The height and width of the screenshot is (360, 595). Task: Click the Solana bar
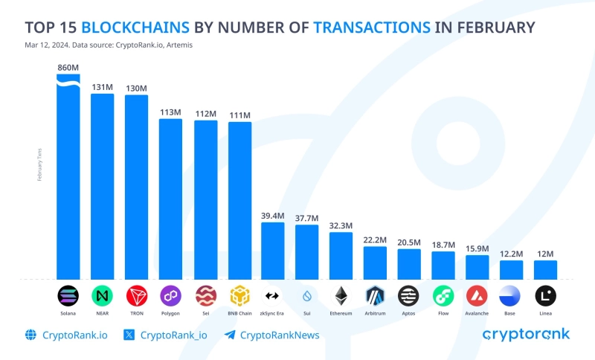(68, 179)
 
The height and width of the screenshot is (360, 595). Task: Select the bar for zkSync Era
(272, 250)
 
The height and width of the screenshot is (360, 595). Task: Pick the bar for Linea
(545, 269)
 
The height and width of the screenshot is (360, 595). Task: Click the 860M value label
(68, 68)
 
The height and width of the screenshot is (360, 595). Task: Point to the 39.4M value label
(272, 216)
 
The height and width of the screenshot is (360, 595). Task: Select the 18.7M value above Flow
(443, 245)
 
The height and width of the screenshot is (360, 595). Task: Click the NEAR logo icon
(102, 296)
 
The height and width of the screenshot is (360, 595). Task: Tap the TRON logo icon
(136, 296)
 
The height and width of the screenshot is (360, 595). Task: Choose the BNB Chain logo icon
(239, 296)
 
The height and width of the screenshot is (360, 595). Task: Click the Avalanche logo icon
(477, 296)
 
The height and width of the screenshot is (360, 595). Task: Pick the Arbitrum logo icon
(375, 296)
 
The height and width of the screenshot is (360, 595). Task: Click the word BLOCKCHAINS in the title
(135, 28)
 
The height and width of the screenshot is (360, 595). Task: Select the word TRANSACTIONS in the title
(371, 28)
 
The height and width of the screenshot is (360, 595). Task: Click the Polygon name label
(170, 313)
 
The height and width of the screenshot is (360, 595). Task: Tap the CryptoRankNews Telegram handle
(282, 335)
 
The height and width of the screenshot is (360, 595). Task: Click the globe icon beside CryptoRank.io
(31, 335)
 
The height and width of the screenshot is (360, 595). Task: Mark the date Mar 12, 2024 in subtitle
(46, 45)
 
